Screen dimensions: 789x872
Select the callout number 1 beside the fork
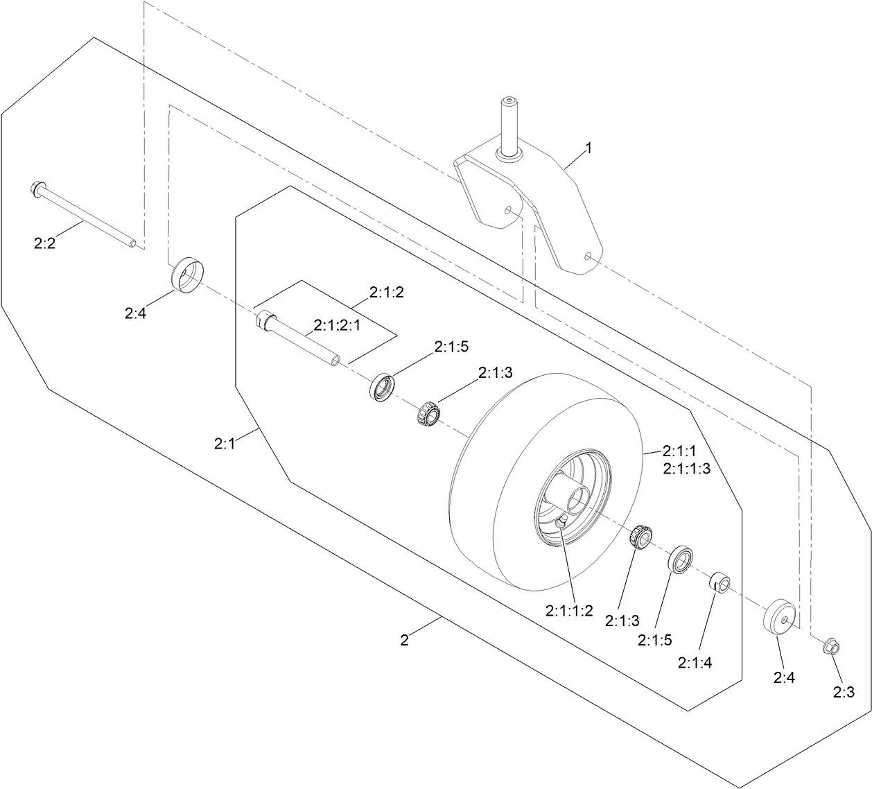(x=588, y=148)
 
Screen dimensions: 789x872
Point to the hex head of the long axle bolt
(x=37, y=188)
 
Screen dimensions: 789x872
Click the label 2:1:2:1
(x=337, y=324)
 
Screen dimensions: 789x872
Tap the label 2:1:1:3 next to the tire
(x=686, y=469)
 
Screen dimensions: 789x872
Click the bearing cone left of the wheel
(x=428, y=414)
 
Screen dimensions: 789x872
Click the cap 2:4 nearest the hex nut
(x=781, y=614)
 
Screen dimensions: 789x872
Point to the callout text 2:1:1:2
(x=569, y=610)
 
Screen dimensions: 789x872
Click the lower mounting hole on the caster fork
(x=588, y=257)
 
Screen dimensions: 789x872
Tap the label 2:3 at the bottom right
(x=844, y=691)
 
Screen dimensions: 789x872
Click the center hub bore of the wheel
(x=577, y=498)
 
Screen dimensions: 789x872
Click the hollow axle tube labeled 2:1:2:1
(x=299, y=340)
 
